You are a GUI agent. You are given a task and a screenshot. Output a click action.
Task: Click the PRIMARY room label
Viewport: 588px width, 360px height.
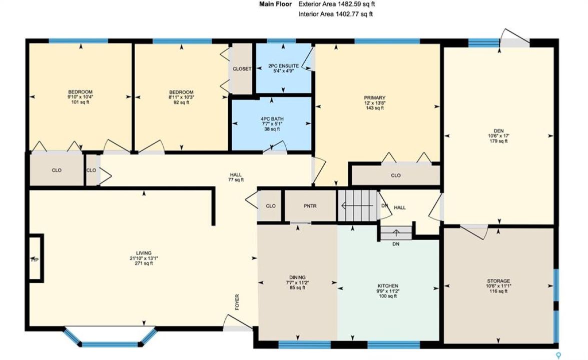click(374, 98)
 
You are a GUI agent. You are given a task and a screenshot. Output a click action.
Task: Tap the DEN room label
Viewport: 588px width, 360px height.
click(498, 130)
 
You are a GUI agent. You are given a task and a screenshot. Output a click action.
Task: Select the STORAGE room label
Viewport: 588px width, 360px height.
click(498, 281)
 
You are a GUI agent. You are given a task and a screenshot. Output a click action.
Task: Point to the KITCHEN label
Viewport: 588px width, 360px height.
click(388, 286)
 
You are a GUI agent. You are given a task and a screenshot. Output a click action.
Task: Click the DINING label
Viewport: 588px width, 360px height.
click(297, 277)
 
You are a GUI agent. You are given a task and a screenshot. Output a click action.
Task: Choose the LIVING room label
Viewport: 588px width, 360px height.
click(144, 253)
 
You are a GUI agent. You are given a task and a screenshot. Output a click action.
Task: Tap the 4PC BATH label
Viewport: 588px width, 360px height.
click(272, 119)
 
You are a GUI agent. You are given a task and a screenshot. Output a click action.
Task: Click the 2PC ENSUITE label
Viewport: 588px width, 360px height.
click(284, 66)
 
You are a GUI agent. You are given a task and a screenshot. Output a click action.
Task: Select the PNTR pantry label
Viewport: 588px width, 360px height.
click(310, 206)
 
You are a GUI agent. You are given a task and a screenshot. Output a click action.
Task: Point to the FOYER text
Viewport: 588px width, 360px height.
click(237, 302)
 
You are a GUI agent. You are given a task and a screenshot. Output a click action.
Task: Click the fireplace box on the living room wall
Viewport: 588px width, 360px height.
click(37, 257)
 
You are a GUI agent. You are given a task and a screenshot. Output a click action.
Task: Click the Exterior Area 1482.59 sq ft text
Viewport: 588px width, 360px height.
click(336, 4)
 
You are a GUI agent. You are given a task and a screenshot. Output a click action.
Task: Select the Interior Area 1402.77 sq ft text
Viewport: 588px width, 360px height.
click(335, 14)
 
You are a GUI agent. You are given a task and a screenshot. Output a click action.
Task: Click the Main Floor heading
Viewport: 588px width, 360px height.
click(275, 4)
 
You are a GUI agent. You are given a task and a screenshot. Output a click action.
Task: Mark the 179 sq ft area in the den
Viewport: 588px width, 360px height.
click(498, 141)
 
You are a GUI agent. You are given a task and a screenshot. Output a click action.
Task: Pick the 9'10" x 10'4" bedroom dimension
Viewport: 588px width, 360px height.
click(80, 96)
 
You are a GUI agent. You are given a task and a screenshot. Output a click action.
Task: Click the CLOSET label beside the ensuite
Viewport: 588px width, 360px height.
click(242, 69)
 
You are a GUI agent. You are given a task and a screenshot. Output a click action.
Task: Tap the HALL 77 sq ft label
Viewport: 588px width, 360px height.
click(236, 177)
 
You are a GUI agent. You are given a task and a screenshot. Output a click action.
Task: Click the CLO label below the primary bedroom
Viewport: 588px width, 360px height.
click(396, 175)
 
